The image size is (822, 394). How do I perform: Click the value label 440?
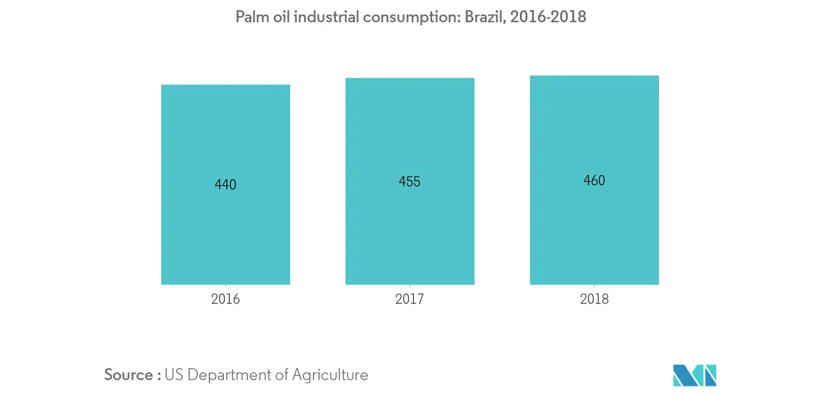[x=226, y=185]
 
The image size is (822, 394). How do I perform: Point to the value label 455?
[x=410, y=182]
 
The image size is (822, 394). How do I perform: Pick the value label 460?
[x=594, y=180]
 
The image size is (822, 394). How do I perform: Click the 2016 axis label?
[x=226, y=299]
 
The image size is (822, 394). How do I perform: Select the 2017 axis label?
[x=410, y=299]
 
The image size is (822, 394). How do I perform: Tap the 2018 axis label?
[x=594, y=299]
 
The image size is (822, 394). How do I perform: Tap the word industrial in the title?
[x=327, y=17]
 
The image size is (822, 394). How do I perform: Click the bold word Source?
[x=129, y=375]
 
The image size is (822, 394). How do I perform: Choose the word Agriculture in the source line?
[x=330, y=375]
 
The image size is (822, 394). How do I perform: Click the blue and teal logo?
[x=694, y=375]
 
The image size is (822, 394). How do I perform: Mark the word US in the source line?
[x=173, y=375]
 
